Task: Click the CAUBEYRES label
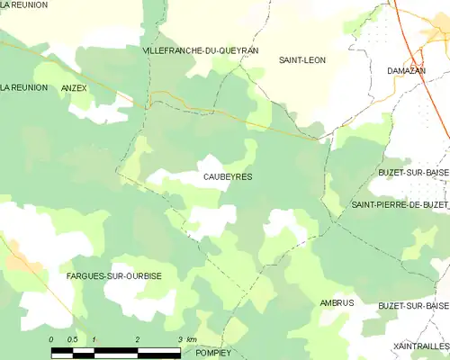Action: pos(228,177)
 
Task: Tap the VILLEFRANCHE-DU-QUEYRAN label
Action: pos(201,51)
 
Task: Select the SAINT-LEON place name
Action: pos(302,60)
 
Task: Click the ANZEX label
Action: pos(74,88)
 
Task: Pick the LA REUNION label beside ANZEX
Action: pos(22,88)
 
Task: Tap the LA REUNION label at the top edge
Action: pos(23,5)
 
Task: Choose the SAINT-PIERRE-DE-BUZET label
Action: pos(400,205)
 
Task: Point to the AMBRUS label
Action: pos(337,303)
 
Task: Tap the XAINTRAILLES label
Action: pos(420,346)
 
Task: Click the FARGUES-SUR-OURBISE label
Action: pos(114,275)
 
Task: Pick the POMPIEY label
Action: pos(213,353)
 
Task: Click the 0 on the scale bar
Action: pos(52,339)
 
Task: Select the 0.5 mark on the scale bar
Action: pos(72,339)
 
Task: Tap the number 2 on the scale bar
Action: pos(137,339)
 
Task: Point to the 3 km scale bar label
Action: pos(186,339)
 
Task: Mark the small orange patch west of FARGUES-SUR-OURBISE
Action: pos(22,260)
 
